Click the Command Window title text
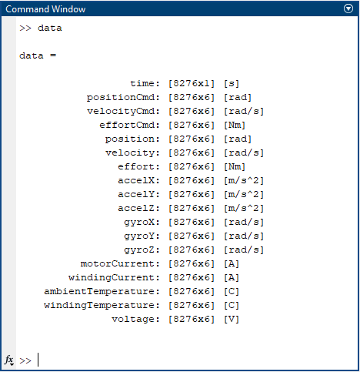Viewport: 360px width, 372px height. point(45,9)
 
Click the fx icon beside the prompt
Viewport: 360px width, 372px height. point(9,360)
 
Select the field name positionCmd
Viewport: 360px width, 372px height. point(121,98)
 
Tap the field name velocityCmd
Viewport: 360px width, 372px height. point(121,112)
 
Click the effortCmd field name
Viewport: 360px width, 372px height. point(127,126)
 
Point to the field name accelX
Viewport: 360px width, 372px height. point(136,181)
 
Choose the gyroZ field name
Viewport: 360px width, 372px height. point(139,250)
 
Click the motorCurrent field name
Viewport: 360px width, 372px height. point(118,264)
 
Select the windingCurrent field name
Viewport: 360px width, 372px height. point(112,278)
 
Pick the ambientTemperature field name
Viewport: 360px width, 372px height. point(99,292)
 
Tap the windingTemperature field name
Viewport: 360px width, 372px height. point(99,306)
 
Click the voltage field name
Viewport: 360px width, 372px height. point(133,320)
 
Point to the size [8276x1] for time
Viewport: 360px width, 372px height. point(192,84)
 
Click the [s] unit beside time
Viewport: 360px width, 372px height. point(232,84)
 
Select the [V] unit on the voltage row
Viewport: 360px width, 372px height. point(232,320)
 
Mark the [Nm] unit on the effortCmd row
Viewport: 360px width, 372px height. point(235,126)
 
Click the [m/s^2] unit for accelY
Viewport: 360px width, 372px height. point(244,195)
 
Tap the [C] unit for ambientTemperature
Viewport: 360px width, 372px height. point(232,292)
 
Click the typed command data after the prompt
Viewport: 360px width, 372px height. point(50,28)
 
